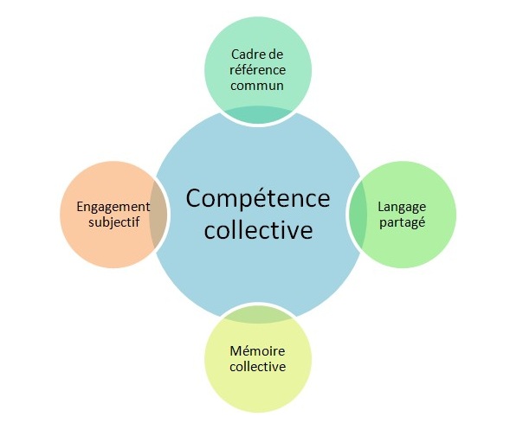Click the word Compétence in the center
point(258,199)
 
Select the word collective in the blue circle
point(258,230)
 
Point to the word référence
point(258,70)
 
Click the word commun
point(257,86)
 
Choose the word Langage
point(402,208)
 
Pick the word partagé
point(403,222)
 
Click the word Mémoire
point(257,351)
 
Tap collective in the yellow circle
point(258,367)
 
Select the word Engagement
point(113,207)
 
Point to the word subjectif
point(113,222)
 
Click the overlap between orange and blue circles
point(158,215)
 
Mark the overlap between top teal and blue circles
point(258,114)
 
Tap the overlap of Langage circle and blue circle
point(358,215)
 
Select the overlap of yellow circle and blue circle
point(258,315)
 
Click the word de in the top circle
point(275,55)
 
